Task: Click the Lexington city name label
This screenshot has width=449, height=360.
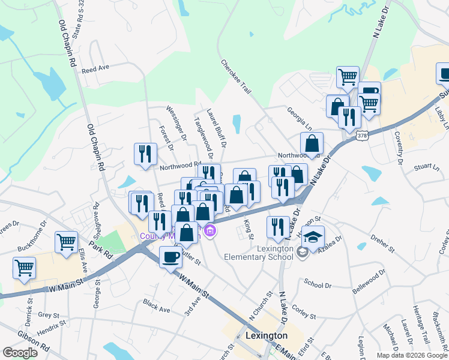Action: [267, 335]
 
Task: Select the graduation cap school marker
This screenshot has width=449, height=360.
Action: [313, 238]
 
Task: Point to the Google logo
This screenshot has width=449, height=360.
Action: [20, 352]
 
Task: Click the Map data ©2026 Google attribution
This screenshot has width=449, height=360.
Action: [412, 355]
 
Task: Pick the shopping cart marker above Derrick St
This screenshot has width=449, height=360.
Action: [25, 268]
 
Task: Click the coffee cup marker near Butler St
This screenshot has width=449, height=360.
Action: [170, 256]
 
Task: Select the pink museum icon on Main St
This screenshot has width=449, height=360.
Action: [209, 230]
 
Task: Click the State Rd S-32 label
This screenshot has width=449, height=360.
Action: [77, 20]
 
